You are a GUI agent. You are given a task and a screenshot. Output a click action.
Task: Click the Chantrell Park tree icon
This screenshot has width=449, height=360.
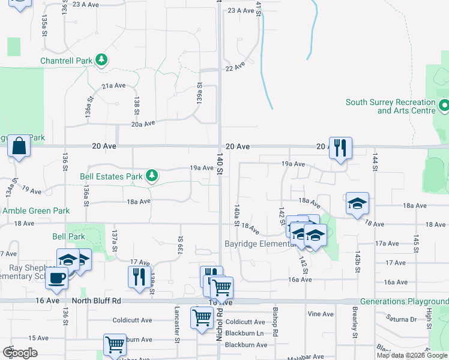[x=103, y=60]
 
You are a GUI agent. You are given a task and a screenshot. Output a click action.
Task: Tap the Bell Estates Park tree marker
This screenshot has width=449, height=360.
[x=153, y=176]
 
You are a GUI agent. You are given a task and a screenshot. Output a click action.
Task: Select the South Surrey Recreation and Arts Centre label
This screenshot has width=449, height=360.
[x=390, y=106]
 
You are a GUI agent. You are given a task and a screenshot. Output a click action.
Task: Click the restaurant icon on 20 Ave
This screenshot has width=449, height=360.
[x=340, y=148]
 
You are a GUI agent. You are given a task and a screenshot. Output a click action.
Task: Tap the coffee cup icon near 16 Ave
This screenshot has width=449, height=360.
[x=57, y=278]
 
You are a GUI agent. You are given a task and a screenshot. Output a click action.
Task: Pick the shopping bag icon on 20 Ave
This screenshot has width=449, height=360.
[x=19, y=146]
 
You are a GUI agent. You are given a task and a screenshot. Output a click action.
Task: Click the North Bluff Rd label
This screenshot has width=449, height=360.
[x=97, y=300]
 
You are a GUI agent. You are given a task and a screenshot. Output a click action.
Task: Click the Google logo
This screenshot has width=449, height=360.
[x=20, y=352]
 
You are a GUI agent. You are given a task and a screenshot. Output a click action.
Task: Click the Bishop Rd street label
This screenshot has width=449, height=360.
[x=275, y=322]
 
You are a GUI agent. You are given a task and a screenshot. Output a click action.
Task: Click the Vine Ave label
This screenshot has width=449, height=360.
[x=320, y=314]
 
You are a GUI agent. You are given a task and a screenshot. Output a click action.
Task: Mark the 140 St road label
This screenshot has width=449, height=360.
[x=220, y=163]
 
